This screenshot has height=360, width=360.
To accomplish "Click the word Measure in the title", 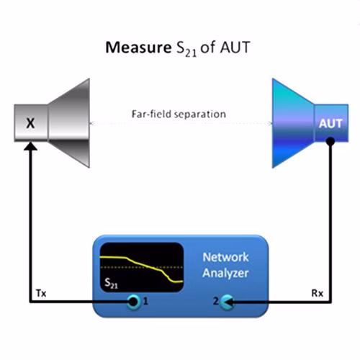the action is point(138,48).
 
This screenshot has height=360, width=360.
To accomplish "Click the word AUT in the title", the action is point(235,48).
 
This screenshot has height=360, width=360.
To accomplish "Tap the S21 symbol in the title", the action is point(186,49).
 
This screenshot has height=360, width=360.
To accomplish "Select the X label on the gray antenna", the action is point(30,123).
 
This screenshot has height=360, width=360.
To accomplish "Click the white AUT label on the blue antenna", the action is point(330,124).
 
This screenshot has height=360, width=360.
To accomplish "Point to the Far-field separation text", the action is point(179,114).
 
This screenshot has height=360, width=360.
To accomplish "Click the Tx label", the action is point(41,293).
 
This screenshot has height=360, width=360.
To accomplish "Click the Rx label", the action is point(317,293).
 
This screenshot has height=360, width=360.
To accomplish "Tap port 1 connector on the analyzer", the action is point(133,302).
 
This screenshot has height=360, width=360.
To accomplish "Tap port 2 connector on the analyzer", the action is point(227,302).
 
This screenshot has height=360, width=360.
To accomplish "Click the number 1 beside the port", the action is point(145,301).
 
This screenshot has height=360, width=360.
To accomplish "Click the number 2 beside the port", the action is point(216,301).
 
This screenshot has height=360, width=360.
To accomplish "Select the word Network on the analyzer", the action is point(225,257).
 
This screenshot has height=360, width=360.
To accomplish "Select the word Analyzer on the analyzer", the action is point(225,273).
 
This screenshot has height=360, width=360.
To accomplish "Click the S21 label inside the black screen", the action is point(111,283).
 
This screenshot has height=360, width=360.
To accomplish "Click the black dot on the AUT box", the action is point(330,141).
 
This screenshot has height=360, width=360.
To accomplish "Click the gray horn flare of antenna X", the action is point(69,123).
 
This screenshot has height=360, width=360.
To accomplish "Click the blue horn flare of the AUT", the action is point(293,123).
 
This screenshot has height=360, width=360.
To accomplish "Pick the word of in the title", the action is point(208,48).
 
